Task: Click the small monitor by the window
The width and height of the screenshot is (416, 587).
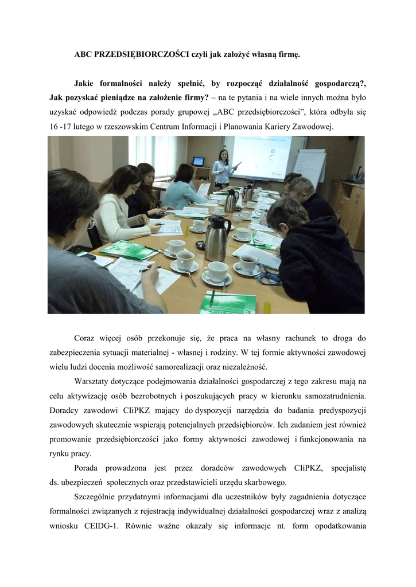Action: point(198,161)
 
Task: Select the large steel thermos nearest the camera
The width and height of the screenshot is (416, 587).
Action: point(217,239)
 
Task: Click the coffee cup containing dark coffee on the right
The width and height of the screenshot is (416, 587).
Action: point(248,263)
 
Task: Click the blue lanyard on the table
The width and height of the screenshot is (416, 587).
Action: point(270,277)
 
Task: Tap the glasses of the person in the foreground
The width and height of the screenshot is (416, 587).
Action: point(91,222)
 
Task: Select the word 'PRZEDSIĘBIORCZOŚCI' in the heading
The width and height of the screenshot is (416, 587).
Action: point(141,54)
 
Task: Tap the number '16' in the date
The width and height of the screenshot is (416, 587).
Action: point(55,126)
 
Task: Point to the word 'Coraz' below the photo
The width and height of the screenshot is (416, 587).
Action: point(86,338)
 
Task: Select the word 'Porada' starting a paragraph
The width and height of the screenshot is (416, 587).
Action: point(88,467)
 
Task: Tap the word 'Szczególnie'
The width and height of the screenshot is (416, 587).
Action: point(97,496)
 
